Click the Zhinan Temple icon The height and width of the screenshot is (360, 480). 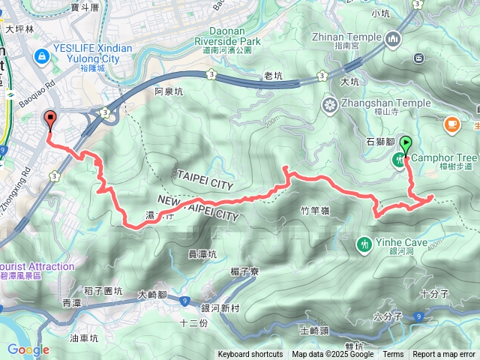tap(393, 37)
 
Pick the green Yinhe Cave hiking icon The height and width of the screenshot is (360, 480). tap(364, 243)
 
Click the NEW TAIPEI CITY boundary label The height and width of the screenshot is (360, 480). tap(199, 206)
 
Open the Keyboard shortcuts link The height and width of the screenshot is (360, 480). tap(250, 355)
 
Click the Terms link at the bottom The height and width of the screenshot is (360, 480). tap(393, 355)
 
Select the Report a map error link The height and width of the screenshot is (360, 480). tap(444, 355)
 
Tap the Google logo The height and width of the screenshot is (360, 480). tap(28, 349)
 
